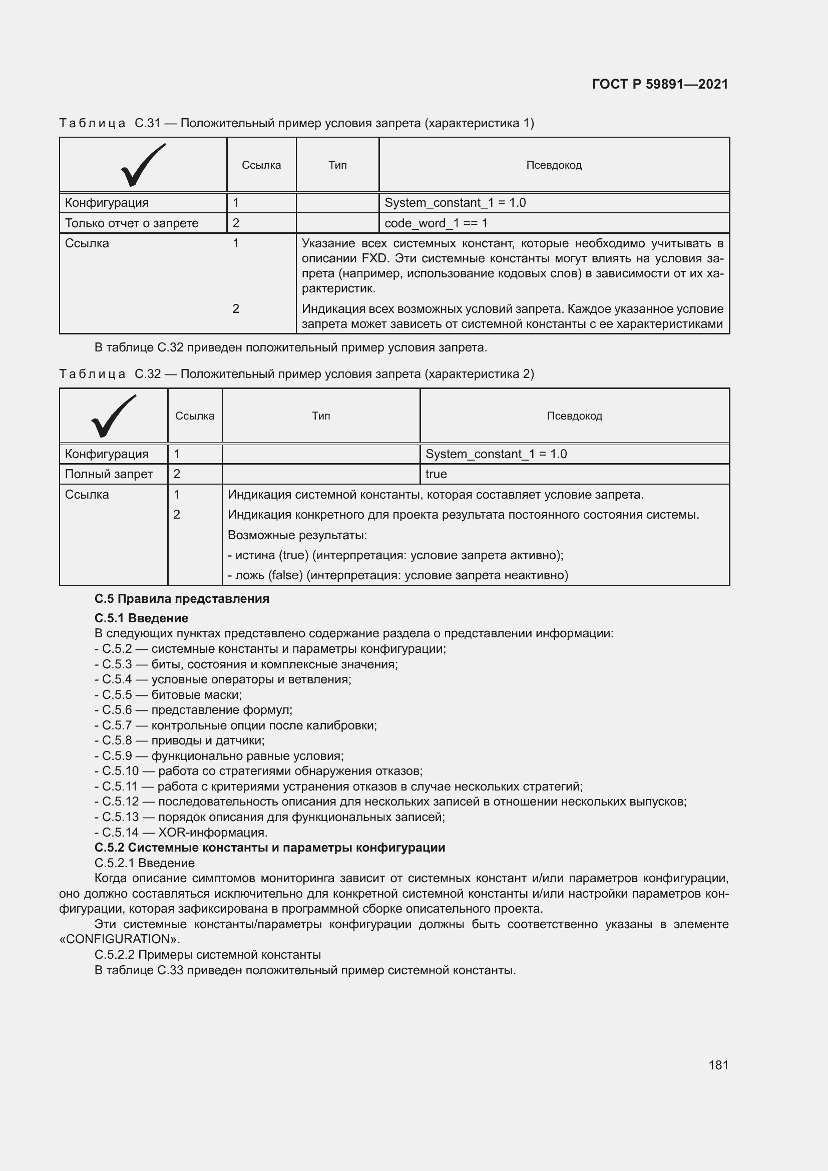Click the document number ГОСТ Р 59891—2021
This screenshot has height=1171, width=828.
(660, 84)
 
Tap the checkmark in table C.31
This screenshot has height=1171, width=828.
(143, 165)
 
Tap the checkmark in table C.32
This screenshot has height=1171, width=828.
(113, 416)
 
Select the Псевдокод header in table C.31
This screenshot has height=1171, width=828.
(554, 165)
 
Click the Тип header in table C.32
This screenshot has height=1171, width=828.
(321, 416)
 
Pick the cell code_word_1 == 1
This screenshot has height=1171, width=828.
(436, 223)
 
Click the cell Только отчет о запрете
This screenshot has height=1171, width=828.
(132, 223)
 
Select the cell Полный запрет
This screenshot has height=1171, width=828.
(109, 474)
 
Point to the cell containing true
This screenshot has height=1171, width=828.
(436, 474)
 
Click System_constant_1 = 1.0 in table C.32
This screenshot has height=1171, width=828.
(496, 454)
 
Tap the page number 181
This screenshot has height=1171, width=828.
(718, 1065)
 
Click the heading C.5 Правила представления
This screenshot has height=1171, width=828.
(182, 599)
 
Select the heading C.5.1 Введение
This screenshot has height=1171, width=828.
(141, 618)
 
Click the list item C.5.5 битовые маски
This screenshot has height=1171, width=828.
(168, 695)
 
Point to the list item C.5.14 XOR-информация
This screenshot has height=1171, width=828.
(181, 833)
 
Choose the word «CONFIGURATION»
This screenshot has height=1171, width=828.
(119, 939)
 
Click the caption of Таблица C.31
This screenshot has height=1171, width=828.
(297, 124)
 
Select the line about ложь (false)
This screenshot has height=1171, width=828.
(397, 575)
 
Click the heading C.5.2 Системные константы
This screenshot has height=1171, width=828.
(270, 848)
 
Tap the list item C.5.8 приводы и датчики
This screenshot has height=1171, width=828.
(180, 740)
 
